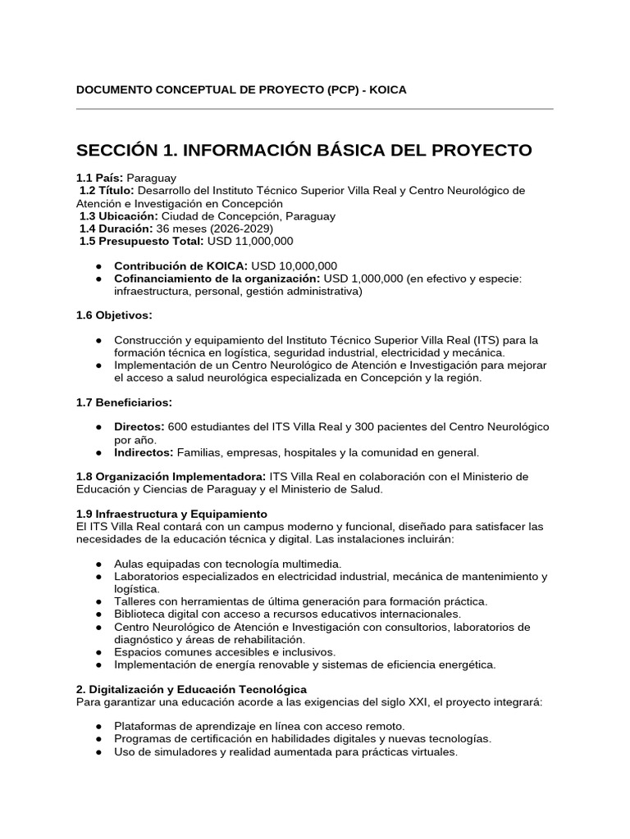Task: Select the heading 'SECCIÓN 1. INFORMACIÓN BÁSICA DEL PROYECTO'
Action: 304,151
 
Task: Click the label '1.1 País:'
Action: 100,177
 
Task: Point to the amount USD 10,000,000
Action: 294,265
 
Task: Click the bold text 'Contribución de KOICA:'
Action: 180,265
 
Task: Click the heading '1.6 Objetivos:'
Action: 114,315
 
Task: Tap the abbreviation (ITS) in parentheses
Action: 487,339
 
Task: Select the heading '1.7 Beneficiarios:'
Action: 123,402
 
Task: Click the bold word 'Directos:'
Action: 139,427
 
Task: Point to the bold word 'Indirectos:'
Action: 144,452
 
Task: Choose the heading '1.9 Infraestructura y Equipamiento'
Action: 171,513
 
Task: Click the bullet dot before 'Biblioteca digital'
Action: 98,614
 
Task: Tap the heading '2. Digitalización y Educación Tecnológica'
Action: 191,689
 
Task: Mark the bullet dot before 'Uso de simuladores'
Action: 98,751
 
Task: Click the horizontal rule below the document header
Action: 315,109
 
